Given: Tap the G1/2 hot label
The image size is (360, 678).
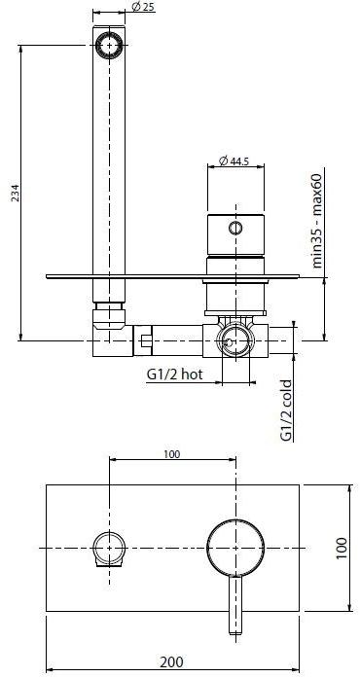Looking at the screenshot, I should point(174,375).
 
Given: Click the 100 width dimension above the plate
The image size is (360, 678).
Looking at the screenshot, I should point(171,453).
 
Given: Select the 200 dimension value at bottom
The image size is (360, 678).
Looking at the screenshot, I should point(171,661).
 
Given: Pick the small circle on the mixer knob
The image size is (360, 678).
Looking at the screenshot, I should point(234,230).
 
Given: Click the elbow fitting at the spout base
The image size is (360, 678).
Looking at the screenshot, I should point(107,326).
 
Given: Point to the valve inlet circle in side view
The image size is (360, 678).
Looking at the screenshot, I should point(234,340).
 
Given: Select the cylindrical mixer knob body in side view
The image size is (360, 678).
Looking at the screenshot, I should point(234,233).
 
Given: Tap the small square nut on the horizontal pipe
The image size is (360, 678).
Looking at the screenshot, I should point(146,341).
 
